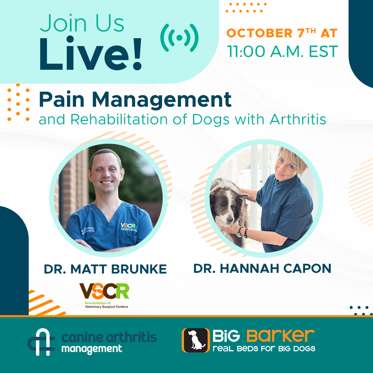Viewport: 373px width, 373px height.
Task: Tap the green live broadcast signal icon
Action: coord(179,38)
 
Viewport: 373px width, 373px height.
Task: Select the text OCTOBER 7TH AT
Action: coord(282,33)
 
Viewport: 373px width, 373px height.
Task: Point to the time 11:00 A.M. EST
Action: coord(282,52)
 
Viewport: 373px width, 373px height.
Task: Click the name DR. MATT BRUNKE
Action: coord(105,269)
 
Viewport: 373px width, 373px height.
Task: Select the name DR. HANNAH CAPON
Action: coord(262,268)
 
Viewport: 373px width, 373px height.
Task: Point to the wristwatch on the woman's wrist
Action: coord(239,233)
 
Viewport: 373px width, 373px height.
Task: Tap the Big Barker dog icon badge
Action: coord(195,340)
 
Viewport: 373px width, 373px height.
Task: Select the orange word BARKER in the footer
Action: coord(280,335)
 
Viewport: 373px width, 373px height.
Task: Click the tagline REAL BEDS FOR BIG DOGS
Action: coord(264,348)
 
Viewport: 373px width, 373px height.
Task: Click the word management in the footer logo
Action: coord(92,348)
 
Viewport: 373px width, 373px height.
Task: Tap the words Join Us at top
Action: coord(82,24)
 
